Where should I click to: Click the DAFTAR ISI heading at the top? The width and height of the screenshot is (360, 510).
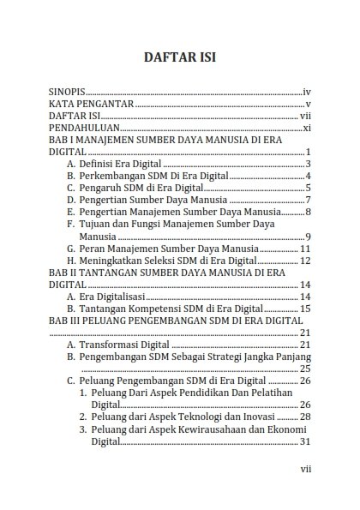pos(179,59)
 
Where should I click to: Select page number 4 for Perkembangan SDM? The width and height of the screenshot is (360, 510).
pos(306,176)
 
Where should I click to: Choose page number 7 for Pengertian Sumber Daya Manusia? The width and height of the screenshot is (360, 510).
pos(306,200)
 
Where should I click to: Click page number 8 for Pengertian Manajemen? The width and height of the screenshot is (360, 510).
pos(306,212)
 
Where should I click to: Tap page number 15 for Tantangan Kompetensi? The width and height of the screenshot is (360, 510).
pos(303,309)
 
